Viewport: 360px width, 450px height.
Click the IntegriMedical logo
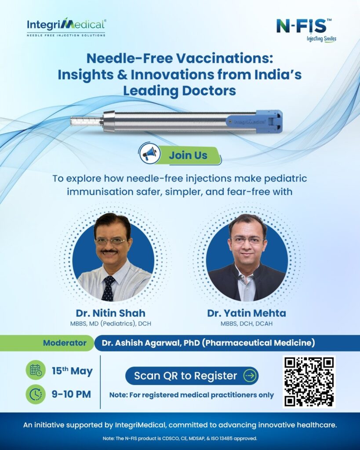(66, 27)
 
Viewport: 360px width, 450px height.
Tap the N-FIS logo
(306, 30)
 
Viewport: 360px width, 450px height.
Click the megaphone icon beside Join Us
(149, 153)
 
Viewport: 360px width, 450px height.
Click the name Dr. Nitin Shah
(110, 313)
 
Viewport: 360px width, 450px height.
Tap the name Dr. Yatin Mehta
(247, 313)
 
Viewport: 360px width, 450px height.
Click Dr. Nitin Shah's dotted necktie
(108, 288)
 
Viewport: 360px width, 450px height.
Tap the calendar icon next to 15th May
(36, 370)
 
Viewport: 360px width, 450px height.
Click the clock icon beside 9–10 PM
(36, 394)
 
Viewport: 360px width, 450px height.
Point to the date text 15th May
(72, 371)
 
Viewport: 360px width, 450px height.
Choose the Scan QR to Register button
(192, 376)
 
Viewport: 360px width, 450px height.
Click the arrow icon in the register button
(250, 376)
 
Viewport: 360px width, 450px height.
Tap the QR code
(309, 382)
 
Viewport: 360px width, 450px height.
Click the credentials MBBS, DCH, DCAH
(247, 324)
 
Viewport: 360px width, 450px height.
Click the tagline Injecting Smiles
(321, 39)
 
